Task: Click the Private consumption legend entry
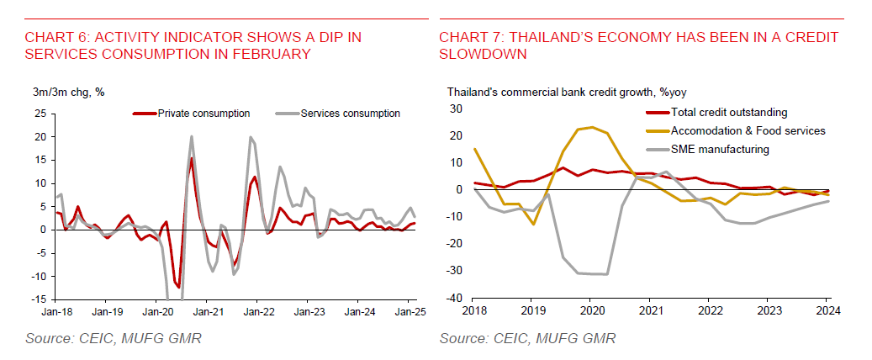pos(203,114)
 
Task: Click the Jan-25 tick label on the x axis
pos(409,310)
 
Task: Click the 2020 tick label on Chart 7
pos(589,309)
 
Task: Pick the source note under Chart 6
pos(112,338)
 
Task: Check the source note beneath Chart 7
pos(527,338)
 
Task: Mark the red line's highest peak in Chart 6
pos(192,158)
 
